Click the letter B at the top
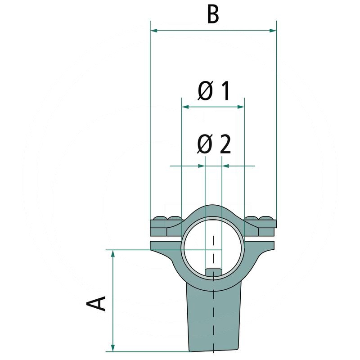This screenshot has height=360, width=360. pos(213,14)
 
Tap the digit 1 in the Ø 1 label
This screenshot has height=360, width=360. pos(224,91)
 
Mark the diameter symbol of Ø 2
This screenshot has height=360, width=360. pos(205,145)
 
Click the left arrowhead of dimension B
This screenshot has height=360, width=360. pos(154,31)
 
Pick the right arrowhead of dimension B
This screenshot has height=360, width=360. pos(272,31)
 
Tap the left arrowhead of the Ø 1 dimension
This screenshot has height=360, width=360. pos(185,107)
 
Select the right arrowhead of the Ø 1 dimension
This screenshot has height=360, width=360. pos(240,107)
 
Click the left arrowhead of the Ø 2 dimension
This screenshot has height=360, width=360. pos(201,166)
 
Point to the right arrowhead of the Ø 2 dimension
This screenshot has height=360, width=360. pos(226,166)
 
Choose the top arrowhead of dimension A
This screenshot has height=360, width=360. pos(113,253)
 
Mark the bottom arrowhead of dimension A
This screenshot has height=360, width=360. pos(113,347)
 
